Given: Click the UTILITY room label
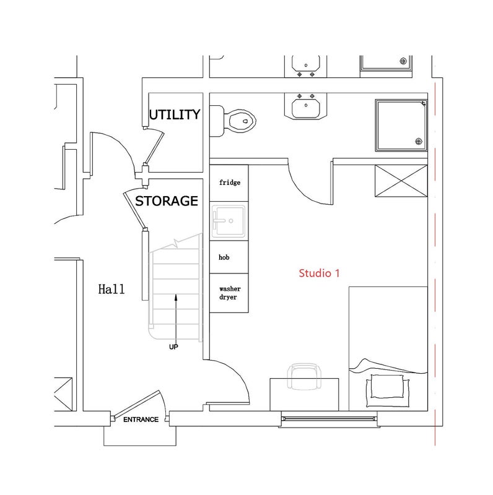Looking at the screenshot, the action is pos(175,114).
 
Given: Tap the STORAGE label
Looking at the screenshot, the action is pos(167,201).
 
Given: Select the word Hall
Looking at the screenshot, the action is pos(111,289).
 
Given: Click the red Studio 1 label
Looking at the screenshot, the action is pos(319,273).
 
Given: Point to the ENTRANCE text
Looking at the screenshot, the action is pos(141,420).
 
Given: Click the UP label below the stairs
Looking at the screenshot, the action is pos(173,347).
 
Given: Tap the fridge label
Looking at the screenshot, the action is pos(230,183).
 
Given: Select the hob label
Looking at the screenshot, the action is pos(224,257).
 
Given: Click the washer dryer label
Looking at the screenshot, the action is pos(230,293).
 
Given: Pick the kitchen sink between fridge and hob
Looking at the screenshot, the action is pos(229,221).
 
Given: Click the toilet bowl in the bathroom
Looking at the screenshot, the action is pos(242,121).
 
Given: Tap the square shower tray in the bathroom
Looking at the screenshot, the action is pos(401,126).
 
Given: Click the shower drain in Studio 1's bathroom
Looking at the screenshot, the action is pos(419,142).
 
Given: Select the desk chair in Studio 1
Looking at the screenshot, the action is pos(304,376).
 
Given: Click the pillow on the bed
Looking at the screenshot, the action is pos(388,387).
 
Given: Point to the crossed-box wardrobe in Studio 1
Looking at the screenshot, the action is pos(401,181).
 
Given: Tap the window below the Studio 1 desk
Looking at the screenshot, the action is pos(329,419).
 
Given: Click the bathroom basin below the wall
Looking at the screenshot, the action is pos(305,107).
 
